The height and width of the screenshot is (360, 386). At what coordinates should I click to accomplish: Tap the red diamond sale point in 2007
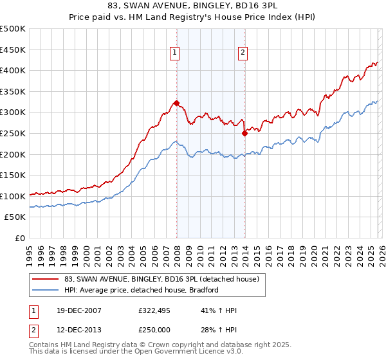click(x=176, y=103)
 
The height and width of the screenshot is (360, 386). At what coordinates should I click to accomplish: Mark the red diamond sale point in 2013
click(x=244, y=133)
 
